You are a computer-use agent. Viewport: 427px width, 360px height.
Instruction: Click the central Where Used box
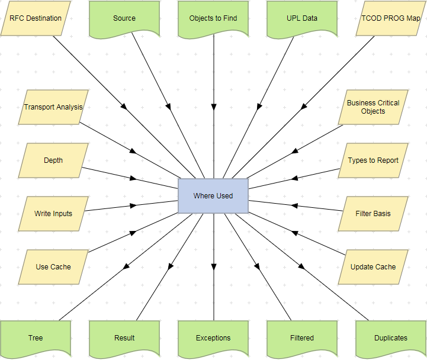[213, 196]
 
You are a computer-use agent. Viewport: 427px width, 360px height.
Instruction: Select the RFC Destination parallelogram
[36, 18]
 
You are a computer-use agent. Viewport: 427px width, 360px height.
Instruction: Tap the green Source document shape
[124, 18]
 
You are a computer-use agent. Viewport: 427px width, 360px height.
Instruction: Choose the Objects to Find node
[213, 18]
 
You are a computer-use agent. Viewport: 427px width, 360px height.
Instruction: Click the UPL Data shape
[302, 18]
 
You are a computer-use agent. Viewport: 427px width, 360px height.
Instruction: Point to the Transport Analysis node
[53, 107]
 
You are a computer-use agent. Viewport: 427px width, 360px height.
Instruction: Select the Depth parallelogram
[53, 160]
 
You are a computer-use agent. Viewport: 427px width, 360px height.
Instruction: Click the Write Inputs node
[53, 214]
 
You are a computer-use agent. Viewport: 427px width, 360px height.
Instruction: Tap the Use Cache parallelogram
[53, 267]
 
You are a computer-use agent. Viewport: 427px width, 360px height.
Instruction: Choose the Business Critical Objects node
[373, 107]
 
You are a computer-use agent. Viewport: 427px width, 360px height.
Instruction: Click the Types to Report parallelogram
[373, 160]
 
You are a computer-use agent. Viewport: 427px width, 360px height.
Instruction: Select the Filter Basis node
[373, 214]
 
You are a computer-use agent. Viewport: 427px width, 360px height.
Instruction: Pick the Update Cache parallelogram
[373, 267]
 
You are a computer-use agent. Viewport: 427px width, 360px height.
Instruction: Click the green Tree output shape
[36, 338]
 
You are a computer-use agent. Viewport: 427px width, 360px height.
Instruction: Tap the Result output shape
[124, 338]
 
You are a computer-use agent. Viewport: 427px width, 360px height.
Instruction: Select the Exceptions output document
[213, 338]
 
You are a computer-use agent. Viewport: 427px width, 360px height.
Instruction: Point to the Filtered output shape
[302, 338]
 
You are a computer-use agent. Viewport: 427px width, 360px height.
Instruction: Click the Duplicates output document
[391, 338]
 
